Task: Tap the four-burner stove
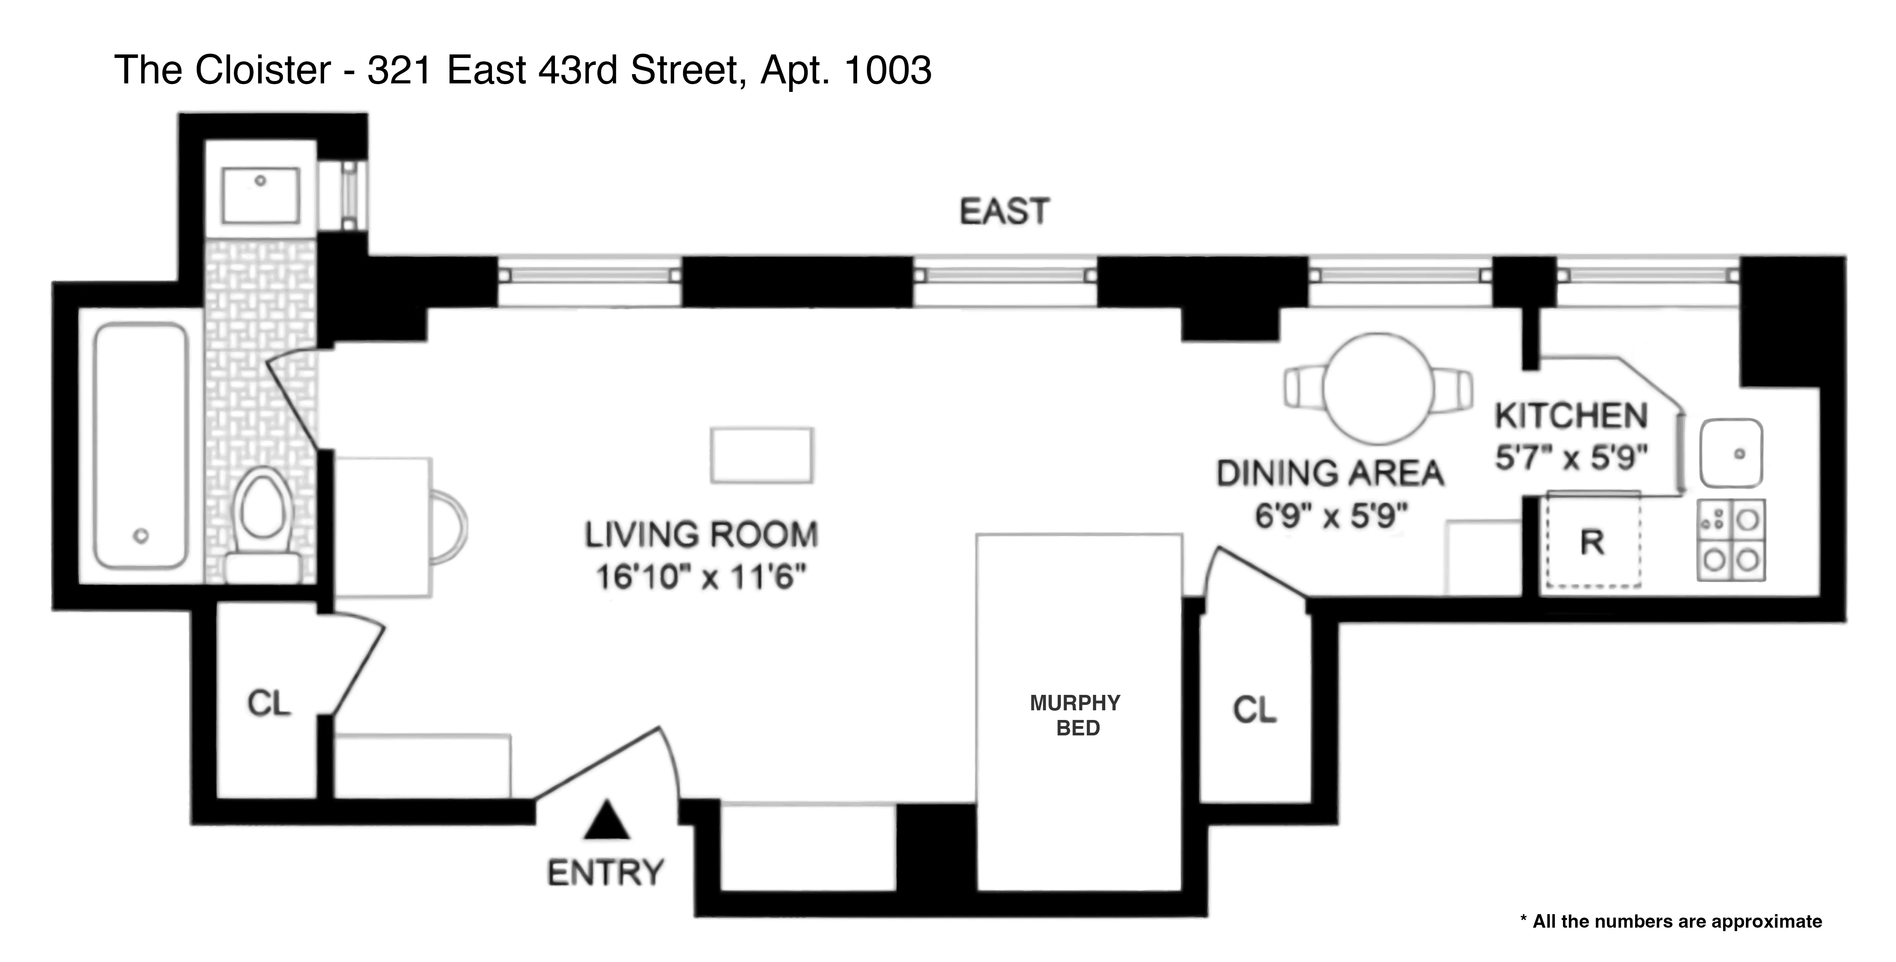click(x=1731, y=540)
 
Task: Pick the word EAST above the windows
click(x=1004, y=212)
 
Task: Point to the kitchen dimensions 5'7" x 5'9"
click(x=1571, y=458)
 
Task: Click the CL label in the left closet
click(x=269, y=704)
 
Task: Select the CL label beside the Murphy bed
click(x=1254, y=710)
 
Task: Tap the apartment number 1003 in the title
click(x=888, y=71)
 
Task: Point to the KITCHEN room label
click(x=1571, y=417)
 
